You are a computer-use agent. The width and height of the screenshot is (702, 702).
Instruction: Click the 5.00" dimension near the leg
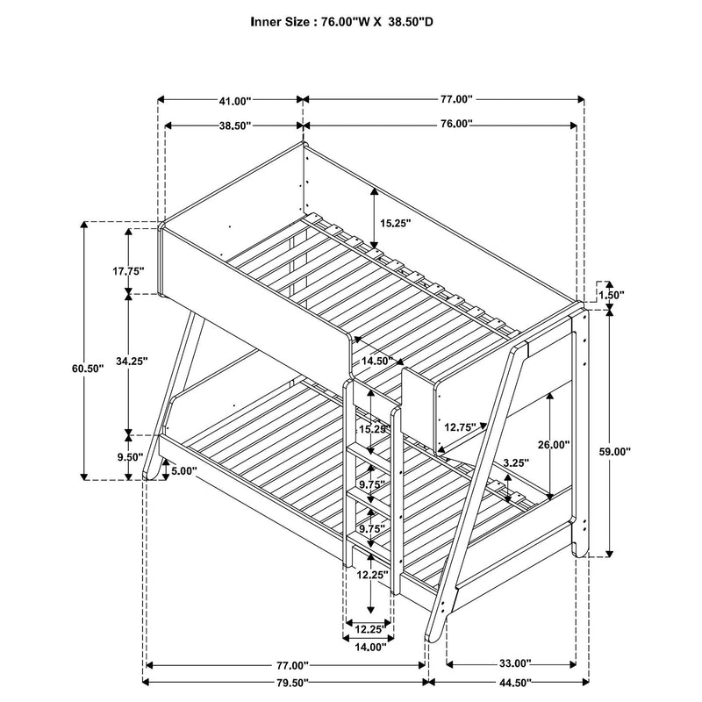click(184, 470)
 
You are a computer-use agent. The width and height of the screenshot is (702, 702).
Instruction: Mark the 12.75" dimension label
click(460, 427)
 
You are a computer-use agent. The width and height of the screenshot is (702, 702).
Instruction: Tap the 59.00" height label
click(634, 451)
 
